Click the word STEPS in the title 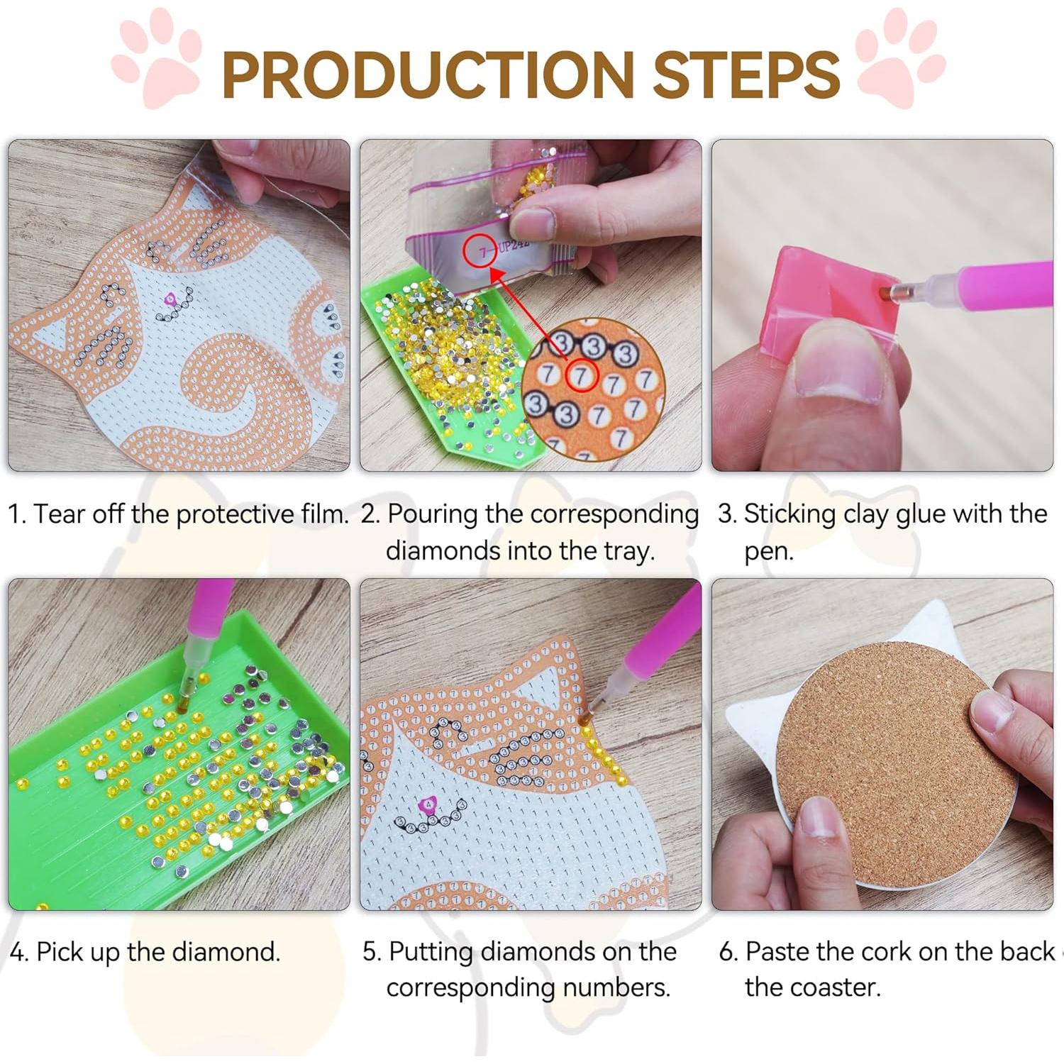(746, 74)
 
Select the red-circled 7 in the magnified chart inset (582, 375)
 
